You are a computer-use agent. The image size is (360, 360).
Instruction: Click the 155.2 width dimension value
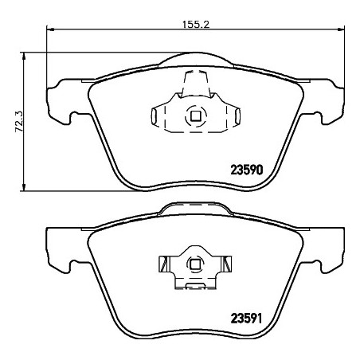click(x=196, y=25)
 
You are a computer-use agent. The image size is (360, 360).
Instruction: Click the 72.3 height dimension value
click(x=19, y=122)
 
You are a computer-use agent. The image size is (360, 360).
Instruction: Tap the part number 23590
click(x=247, y=170)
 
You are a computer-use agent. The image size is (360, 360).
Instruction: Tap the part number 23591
click(x=246, y=319)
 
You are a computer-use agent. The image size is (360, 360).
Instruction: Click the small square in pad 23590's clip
click(x=196, y=115)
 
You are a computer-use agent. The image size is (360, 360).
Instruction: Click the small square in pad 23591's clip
click(x=195, y=264)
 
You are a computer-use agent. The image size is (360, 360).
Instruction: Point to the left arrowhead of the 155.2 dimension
click(x=50, y=29)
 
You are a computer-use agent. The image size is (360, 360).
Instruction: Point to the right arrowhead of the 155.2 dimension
click(x=341, y=29)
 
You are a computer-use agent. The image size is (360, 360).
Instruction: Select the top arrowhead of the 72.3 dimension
click(x=24, y=56)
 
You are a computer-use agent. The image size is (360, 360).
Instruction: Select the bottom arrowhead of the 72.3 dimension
click(x=24, y=187)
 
